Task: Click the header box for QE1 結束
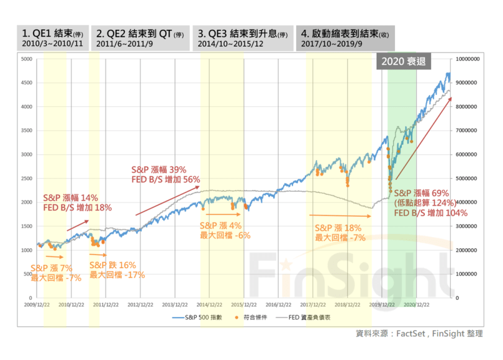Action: [x=53, y=38]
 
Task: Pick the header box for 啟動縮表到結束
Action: [x=345, y=38]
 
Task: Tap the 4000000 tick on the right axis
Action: [x=469, y=202]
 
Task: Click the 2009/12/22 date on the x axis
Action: [x=37, y=305]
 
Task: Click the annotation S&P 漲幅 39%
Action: [x=159, y=169]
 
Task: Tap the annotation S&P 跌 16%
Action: [x=112, y=265]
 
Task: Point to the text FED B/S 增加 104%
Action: [x=431, y=212]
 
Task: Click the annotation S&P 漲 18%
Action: [x=338, y=228]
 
